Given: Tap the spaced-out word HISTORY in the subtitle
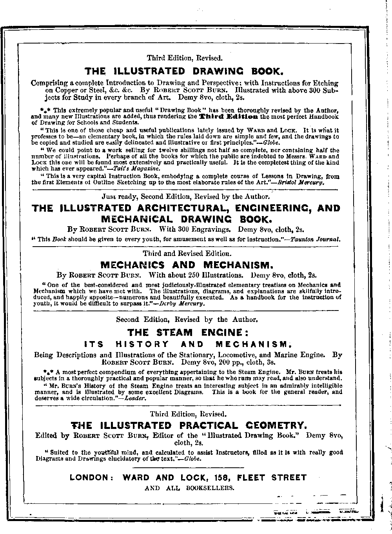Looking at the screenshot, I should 142,345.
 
